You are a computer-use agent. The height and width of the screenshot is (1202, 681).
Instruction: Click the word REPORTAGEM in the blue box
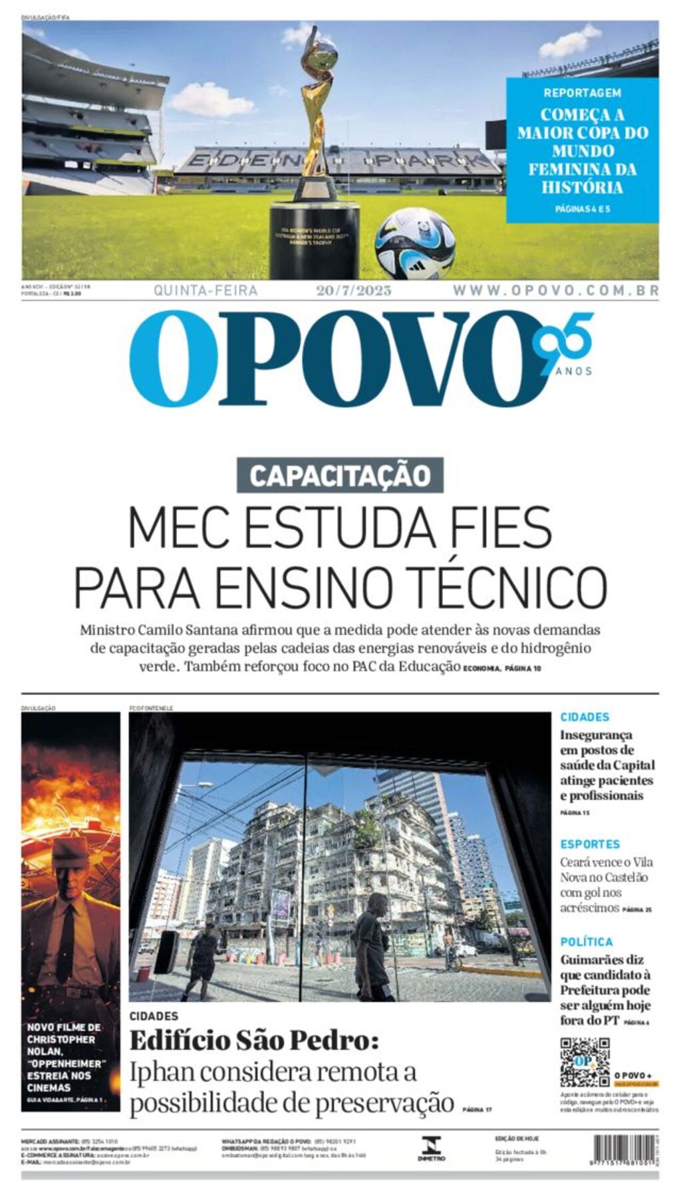[582, 93]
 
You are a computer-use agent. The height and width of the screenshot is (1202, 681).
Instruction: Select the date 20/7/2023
[353, 291]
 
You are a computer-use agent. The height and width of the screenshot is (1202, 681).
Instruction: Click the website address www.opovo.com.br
[555, 291]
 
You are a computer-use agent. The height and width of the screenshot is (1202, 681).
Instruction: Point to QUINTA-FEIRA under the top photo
[205, 291]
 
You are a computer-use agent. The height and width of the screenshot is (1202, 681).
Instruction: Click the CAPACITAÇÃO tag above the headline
[340, 476]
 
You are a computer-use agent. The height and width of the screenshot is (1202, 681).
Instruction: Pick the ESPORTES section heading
[589, 844]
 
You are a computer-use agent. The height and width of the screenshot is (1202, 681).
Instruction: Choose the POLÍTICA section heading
[586, 941]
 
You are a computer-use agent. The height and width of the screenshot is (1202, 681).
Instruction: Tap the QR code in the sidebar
[584, 1062]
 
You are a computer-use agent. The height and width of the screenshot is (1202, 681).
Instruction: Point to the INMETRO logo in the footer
[431, 1148]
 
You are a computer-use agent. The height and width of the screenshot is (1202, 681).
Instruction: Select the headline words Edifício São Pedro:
[254, 1040]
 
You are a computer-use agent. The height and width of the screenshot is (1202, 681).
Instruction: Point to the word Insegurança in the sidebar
[596, 735]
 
